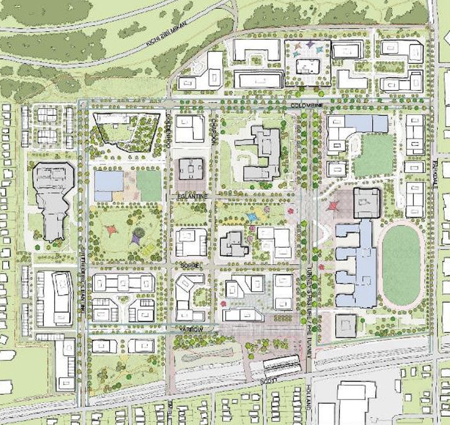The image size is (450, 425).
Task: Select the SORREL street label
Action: [x=191, y=265]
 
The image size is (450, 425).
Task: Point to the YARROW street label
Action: [x=191, y=329]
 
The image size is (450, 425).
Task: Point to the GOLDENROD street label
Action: [x=169, y=129]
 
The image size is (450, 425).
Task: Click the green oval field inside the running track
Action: [x=401, y=265]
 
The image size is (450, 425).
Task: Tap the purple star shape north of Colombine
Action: [x=310, y=44]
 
